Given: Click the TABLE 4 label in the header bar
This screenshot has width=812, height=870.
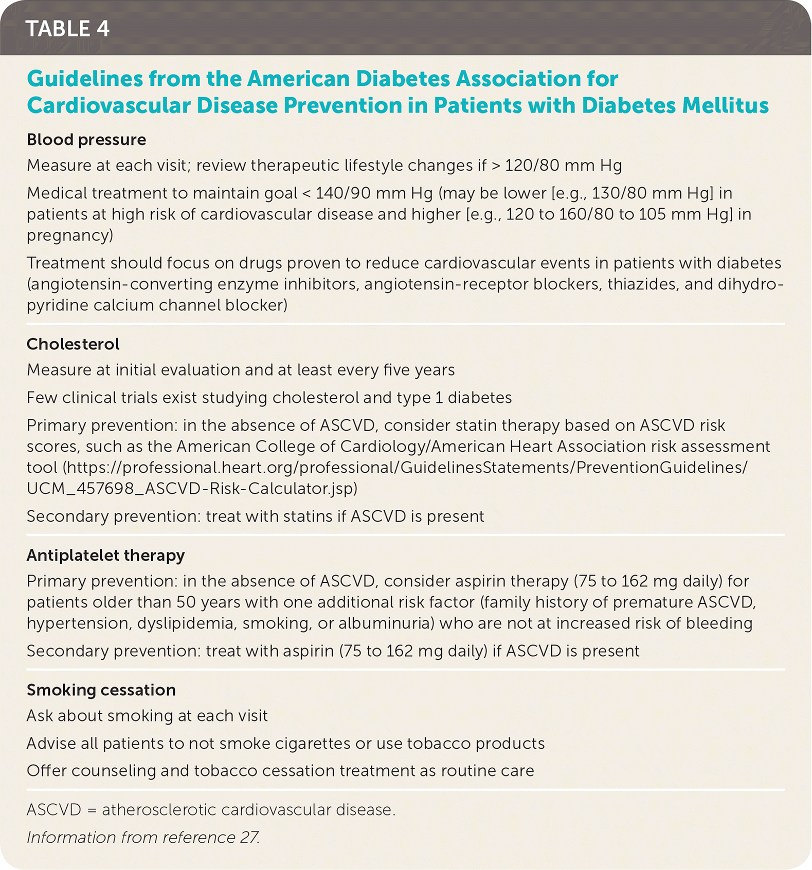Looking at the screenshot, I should click(67, 29).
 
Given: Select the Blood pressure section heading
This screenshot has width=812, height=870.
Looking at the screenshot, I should click(86, 140).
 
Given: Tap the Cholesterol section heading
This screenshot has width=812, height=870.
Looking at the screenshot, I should click(73, 344).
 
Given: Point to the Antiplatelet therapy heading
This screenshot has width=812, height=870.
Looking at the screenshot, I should click(105, 555).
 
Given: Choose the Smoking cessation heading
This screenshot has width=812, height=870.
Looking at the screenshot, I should click(101, 690).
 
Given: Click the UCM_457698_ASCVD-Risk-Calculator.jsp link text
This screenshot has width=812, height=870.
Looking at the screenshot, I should click(192, 488).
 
